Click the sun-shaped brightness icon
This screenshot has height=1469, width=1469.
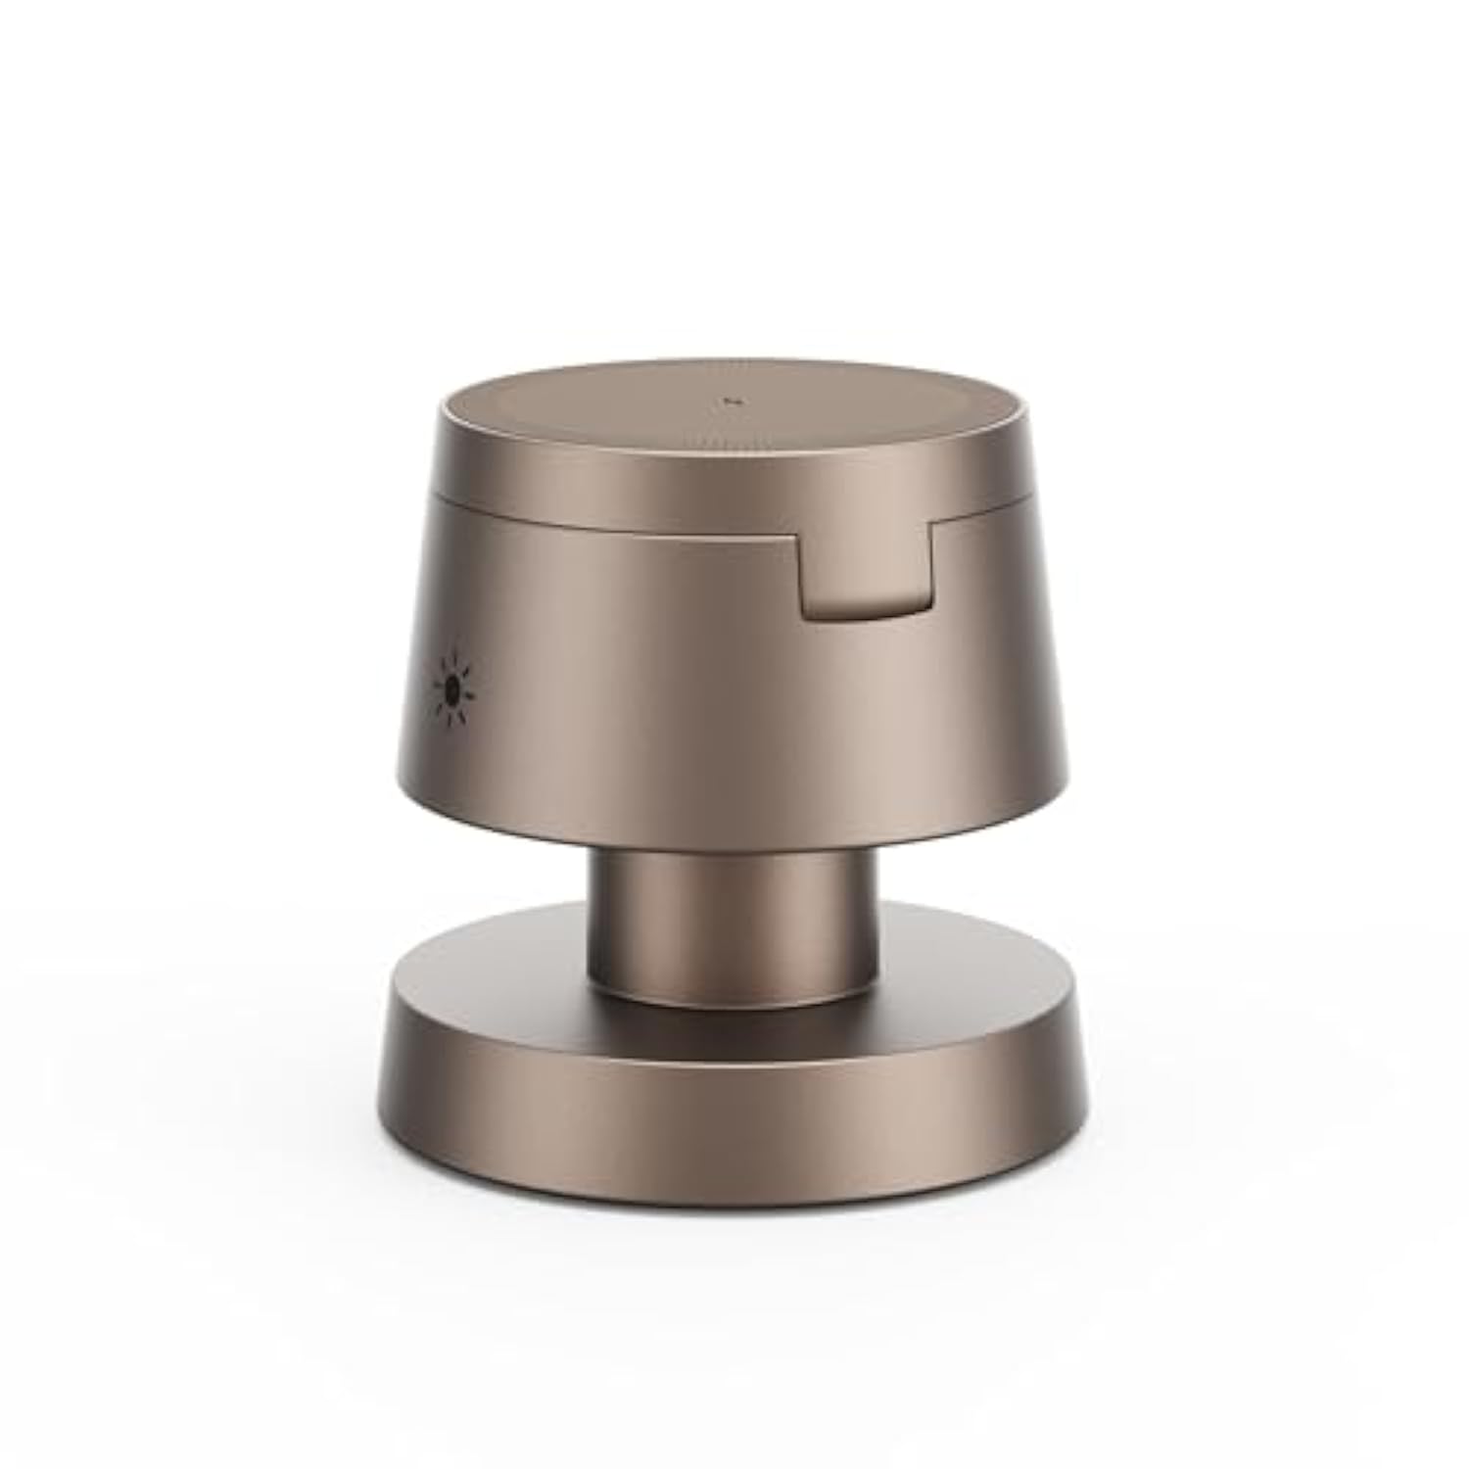(x=452, y=690)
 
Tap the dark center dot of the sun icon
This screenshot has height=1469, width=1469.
(x=451, y=691)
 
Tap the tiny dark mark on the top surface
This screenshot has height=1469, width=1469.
(x=729, y=400)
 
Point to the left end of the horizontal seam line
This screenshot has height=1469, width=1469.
(x=433, y=497)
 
